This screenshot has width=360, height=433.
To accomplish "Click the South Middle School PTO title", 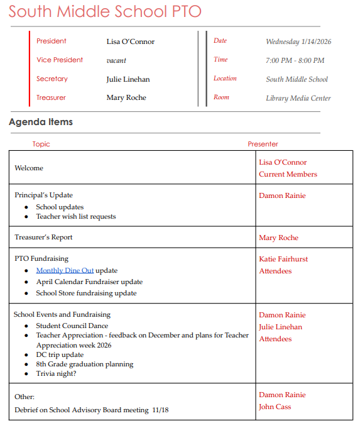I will (105, 12).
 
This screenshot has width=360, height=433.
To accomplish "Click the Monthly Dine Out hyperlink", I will (65, 270).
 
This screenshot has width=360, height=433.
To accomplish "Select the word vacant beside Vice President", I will (116, 60).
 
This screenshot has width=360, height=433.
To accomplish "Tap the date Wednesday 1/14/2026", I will (298, 41).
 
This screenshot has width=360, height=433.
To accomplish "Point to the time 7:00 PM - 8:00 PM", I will (295, 60).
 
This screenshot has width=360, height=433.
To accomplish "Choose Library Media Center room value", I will (298, 98).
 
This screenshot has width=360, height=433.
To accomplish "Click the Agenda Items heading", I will (41, 122).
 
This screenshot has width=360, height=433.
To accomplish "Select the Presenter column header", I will (263, 144).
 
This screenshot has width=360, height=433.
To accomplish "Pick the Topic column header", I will (41, 144).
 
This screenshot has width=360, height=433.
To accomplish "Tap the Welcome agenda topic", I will (29, 168).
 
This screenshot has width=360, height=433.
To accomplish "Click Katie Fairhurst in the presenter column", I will (283, 259).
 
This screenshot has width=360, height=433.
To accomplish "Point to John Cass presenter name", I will (276, 407).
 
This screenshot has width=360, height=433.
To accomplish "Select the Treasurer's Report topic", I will (43, 237).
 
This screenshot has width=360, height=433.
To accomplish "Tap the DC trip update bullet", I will (61, 354).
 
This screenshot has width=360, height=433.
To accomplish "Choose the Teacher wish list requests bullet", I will (76, 216).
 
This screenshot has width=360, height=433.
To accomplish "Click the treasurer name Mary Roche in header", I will (126, 97).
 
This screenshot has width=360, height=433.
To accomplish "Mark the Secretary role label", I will (52, 79).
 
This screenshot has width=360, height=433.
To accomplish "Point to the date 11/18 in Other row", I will (160, 410).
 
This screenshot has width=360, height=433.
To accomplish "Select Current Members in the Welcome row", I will (288, 174).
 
